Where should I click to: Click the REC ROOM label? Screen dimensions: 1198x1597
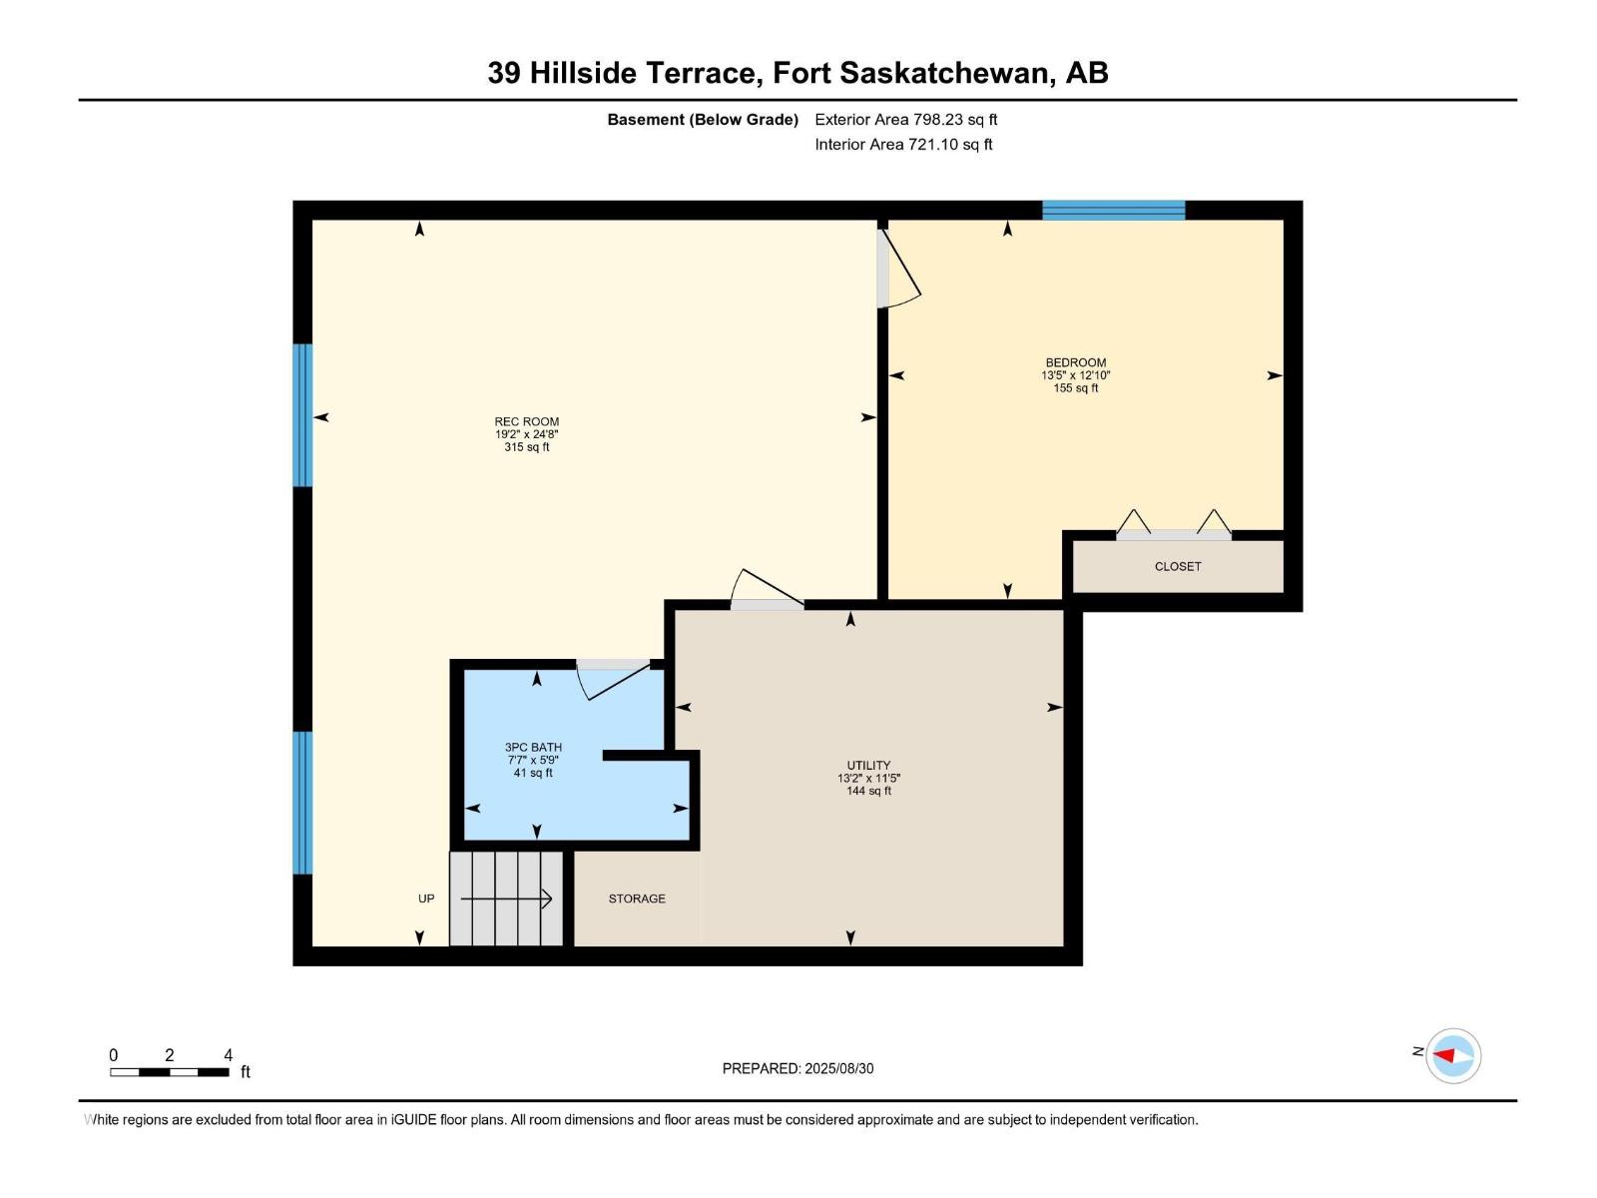pyautogui.click(x=526, y=421)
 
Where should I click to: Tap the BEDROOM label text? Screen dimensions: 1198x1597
pyautogui.click(x=1075, y=362)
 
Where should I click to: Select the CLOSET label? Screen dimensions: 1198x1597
pyautogui.click(x=1178, y=566)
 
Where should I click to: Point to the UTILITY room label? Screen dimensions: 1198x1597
pyautogui.click(x=868, y=766)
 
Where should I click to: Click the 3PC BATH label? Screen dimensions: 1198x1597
pyautogui.click(x=533, y=747)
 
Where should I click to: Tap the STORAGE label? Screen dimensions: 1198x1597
pyautogui.click(x=637, y=898)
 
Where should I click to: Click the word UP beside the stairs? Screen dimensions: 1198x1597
pyautogui.click(x=426, y=898)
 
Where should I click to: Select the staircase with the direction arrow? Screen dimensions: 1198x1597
pyautogui.click(x=506, y=898)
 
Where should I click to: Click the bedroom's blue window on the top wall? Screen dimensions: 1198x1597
pyautogui.click(x=1113, y=210)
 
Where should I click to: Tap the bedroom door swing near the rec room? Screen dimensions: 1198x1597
pyautogui.click(x=897, y=270)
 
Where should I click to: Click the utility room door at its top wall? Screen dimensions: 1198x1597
pyautogui.click(x=767, y=591)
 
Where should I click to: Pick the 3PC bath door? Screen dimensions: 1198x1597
pyautogui.click(x=613, y=678)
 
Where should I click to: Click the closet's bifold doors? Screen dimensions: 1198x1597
pyautogui.click(x=1174, y=526)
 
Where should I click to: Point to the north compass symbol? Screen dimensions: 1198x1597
pyautogui.click(x=1452, y=1055)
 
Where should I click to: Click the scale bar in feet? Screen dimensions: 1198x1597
pyautogui.click(x=170, y=1071)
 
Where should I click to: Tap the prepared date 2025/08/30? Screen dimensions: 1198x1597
pyautogui.click(x=798, y=1068)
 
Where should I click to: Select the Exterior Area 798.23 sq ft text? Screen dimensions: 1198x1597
pyautogui.click(x=905, y=120)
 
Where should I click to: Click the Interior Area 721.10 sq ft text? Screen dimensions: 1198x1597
pyautogui.click(x=903, y=145)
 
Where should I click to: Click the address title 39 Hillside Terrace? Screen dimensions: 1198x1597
pyautogui.click(x=798, y=73)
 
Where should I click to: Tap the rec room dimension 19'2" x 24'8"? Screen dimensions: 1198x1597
pyautogui.click(x=526, y=434)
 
